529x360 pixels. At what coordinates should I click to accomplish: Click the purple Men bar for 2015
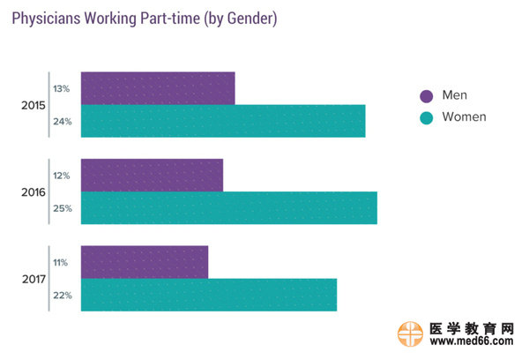pos(158,88)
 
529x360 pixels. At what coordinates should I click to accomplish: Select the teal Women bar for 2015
pos(223,121)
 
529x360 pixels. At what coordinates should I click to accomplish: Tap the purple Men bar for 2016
pos(152,175)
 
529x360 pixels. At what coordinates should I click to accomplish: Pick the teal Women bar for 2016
pos(229,207)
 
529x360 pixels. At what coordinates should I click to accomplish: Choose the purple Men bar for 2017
pos(145,262)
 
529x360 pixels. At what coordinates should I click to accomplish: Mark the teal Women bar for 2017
pos(209,295)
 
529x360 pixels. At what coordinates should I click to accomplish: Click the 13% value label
pos(62,89)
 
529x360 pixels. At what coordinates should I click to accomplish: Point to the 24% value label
pos(62,122)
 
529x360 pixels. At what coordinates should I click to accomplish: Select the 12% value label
pos(62,176)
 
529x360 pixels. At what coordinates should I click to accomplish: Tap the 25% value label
pos(62,208)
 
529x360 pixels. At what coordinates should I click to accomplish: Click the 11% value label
pos(62,262)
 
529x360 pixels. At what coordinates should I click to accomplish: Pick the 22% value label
pos(62,295)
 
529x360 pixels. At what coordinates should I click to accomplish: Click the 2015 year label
pos(33,106)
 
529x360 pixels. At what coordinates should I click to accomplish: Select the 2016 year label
pos(33,192)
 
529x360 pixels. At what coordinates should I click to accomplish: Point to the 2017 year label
pos(33,279)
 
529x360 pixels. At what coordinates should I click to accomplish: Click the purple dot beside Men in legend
pos(426,95)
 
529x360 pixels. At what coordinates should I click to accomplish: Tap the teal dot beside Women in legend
pos(426,117)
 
